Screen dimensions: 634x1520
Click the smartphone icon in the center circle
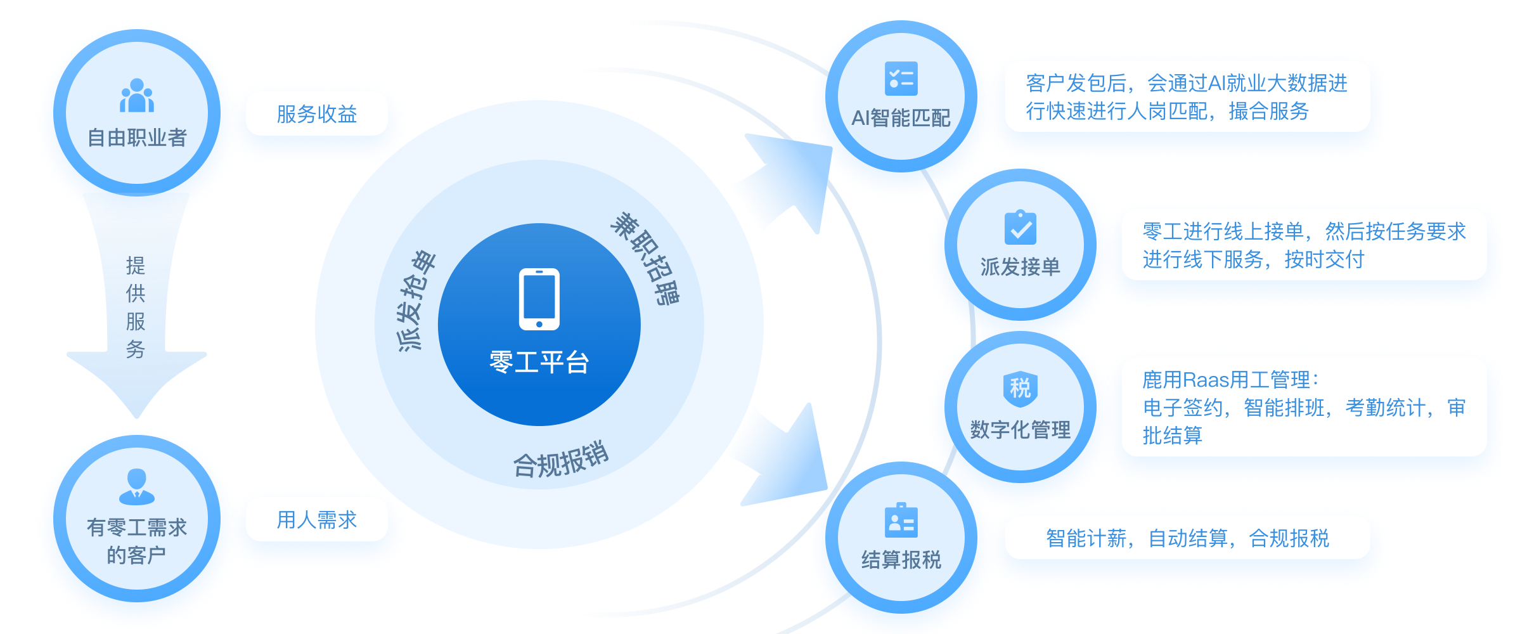[x=539, y=299]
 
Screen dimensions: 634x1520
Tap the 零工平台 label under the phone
[x=539, y=362]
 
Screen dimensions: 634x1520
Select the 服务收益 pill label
[x=316, y=114]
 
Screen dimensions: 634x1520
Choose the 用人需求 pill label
[x=316, y=520]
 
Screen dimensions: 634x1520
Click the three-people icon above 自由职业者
[x=137, y=96]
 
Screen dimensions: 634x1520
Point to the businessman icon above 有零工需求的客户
[x=137, y=486]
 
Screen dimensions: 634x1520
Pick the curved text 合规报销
[x=560, y=458]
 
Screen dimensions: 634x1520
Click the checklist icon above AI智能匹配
[x=901, y=79]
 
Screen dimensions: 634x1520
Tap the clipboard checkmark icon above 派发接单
[x=1020, y=228]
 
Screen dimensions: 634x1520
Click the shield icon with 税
[x=1020, y=388]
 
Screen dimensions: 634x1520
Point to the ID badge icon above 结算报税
[x=901, y=521]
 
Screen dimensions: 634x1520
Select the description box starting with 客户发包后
[x=1187, y=97]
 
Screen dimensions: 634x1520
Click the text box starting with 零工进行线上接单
[x=1303, y=245]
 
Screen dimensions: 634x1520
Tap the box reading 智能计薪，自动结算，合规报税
[x=1187, y=538]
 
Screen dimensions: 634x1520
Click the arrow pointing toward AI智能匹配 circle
[x=786, y=184]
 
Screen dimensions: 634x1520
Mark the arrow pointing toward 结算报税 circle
[x=786, y=456]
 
